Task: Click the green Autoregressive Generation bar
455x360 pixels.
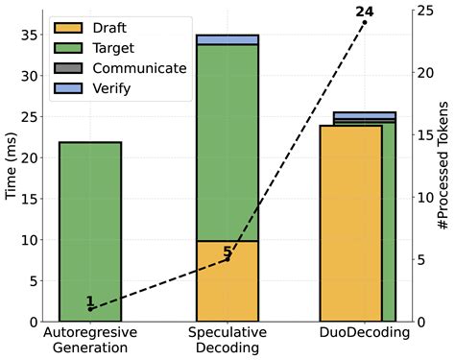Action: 90,231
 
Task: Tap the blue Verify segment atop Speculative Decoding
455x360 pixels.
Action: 227,39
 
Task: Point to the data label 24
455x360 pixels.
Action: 365,12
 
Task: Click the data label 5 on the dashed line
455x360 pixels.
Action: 227,253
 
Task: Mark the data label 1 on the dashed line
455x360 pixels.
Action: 90,301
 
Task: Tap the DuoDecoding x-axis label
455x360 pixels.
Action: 365,333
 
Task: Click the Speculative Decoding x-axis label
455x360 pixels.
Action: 227,341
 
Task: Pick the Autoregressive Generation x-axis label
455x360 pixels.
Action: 90,341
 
